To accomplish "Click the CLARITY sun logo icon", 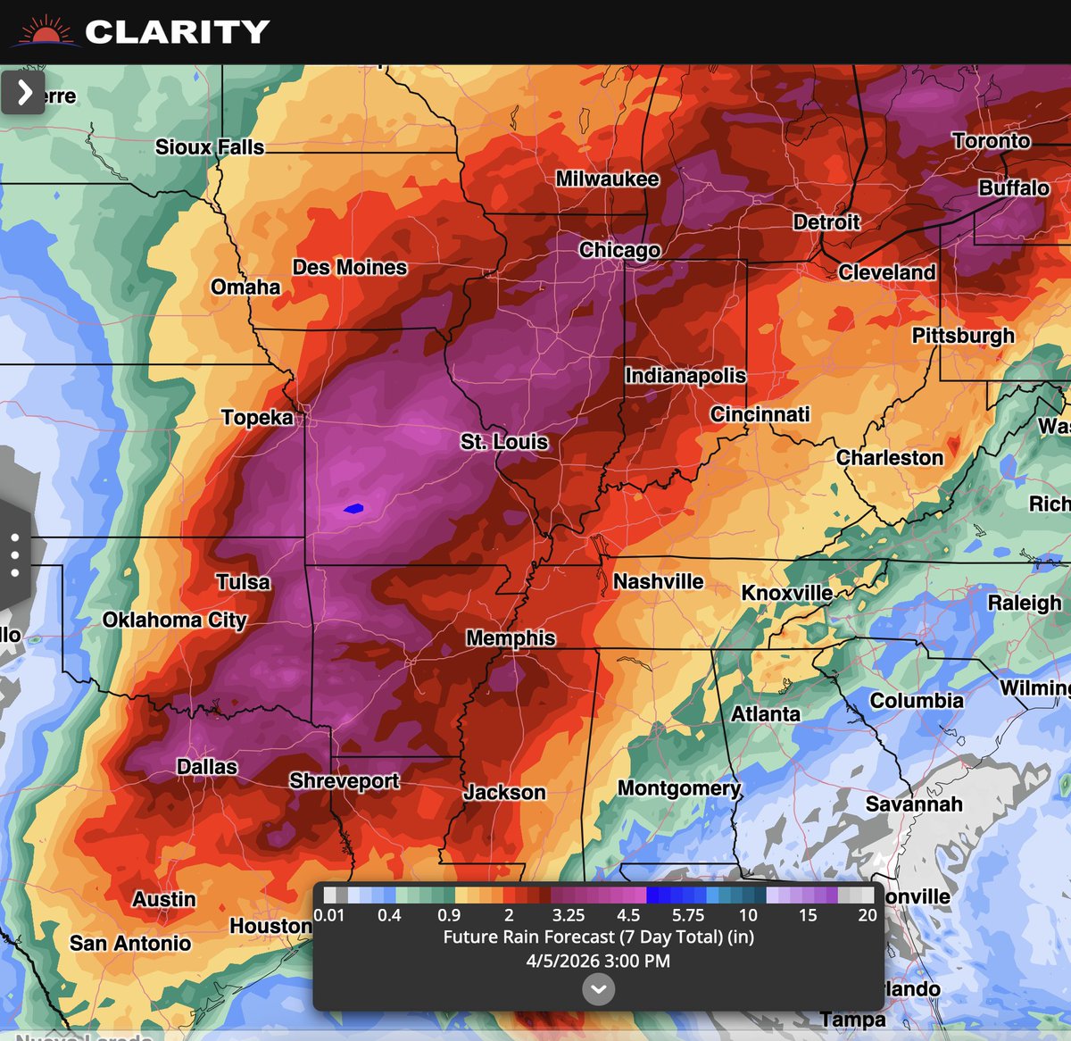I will (x=45, y=33).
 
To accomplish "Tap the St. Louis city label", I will (x=504, y=442).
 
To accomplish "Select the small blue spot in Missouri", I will (x=353, y=509).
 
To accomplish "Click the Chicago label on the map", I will (x=619, y=250).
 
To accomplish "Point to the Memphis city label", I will (x=511, y=638).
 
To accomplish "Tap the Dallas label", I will (x=207, y=767).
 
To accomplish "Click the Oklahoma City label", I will (x=174, y=620).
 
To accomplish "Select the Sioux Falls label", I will (x=210, y=147).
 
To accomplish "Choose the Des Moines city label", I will (x=350, y=268).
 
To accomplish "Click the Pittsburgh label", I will (x=963, y=336).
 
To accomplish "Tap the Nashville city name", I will (x=659, y=582).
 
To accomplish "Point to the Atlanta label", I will (x=766, y=714).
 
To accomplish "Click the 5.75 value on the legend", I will (x=688, y=915).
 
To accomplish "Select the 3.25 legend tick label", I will (x=569, y=915).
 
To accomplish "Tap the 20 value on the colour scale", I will (x=867, y=915).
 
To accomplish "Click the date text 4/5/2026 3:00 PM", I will (x=598, y=962).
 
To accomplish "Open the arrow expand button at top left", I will (x=23, y=92).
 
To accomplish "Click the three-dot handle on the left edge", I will (x=15, y=554).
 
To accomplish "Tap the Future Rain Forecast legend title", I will (x=598, y=937).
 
